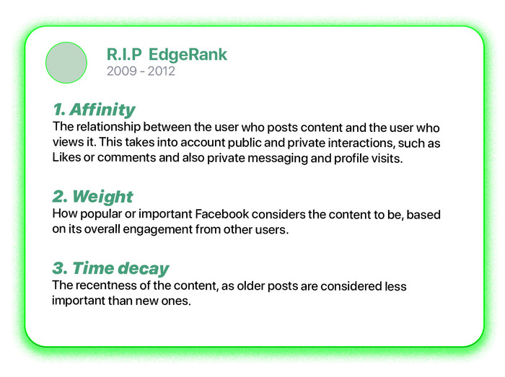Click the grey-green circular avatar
pyautogui.click(x=66, y=63)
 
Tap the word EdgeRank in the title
pyautogui.click(x=188, y=55)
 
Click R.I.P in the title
pyautogui.click(x=124, y=54)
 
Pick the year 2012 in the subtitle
pyautogui.click(x=162, y=71)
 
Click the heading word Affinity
pyautogui.click(x=102, y=110)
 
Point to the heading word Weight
pyautogui.click(x=102, y=196)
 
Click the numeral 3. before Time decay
pyautogui.click(x=60, y=268)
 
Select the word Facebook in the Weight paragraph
pyautogui.click(x=222, y=214)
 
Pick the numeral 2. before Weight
pyautogui.click(x=60, y=196)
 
